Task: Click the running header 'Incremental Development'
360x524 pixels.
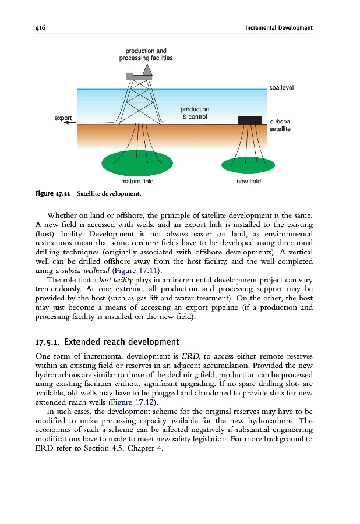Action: [278, 28]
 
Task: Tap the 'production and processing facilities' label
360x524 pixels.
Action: [146, 55]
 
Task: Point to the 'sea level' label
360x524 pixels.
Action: [281, 88]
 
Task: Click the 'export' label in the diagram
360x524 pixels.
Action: [63, 118]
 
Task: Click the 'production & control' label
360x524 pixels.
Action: [195, 113]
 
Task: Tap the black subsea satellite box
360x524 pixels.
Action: [249, 120]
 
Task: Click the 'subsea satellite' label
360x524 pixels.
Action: [280, 125]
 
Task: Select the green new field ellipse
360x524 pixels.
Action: [249, 164]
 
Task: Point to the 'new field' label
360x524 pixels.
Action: [249, 182]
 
